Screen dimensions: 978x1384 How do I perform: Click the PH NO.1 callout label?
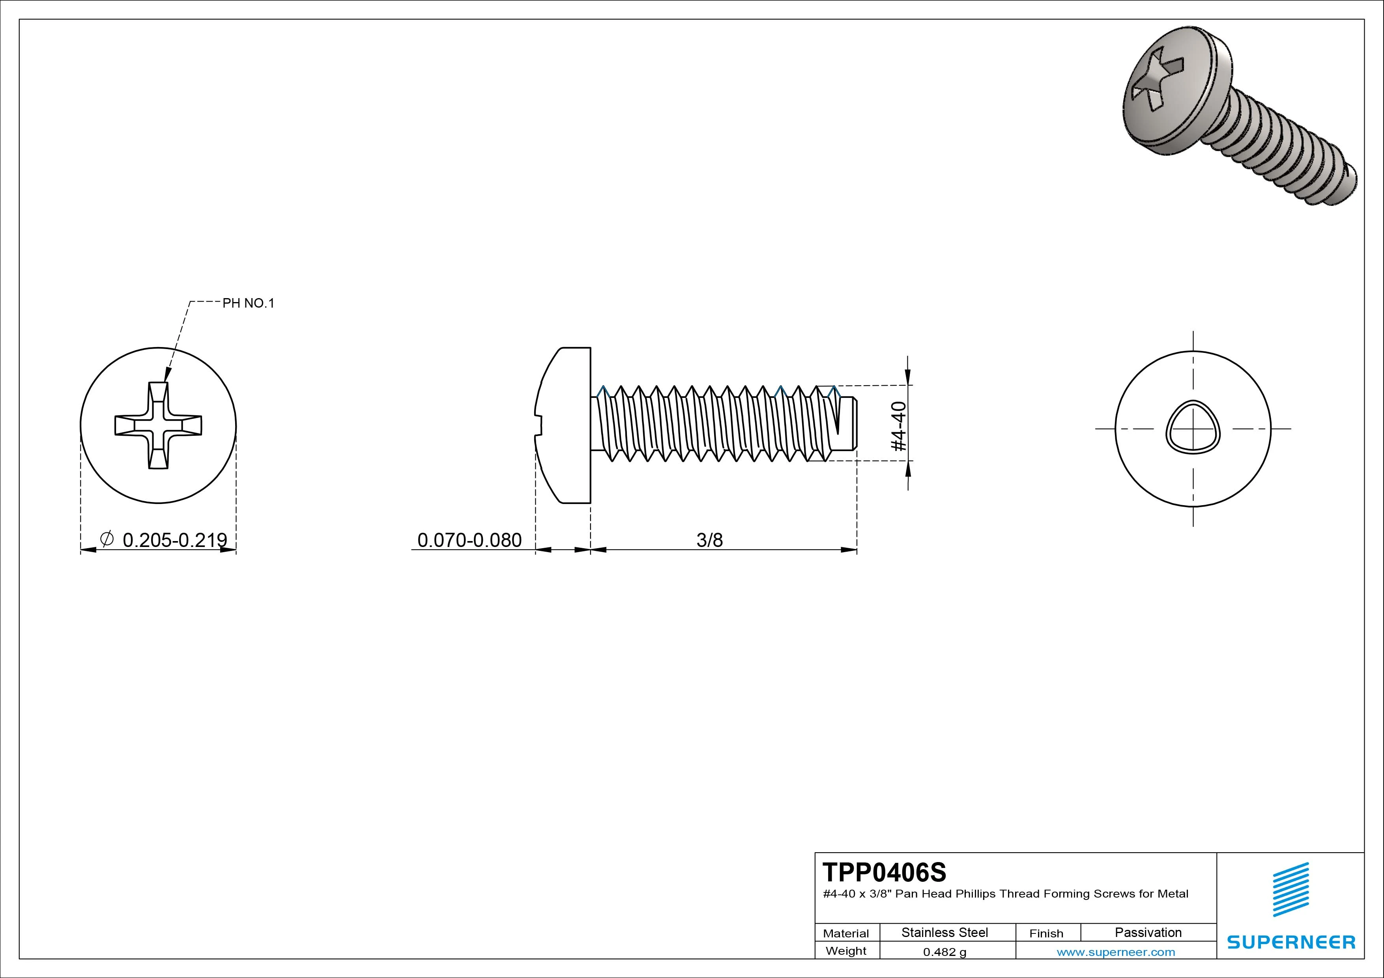pyautogui.click(x=248, y=303)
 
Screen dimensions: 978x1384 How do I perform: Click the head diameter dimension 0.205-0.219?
pyautogui.click(x=174, y=540)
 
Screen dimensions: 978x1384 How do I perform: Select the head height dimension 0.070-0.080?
pyautogui.click(x=469, y=540)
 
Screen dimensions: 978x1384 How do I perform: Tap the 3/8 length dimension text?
pyautogui.click(x=709, y=540)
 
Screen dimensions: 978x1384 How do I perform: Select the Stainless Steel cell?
pyautogui.click(x=944, y=932)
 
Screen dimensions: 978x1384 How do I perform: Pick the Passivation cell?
pyautogui.click(x=1148, y=932)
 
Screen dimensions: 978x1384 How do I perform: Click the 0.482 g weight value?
pyautogui.click(x=944, y=952)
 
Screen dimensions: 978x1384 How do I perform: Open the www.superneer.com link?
pyautogui.click(x=1115, y=952)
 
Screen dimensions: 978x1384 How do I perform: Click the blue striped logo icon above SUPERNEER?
pyautogui.click(x=1290, y=889)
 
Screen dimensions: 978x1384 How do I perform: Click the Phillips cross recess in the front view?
pyautogui.click(x=158, y=426)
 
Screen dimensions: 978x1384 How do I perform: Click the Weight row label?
pyautogui.click(x=846, y=951)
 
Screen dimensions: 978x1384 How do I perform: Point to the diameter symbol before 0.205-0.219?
pyautogui.click(x=106, y=538)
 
